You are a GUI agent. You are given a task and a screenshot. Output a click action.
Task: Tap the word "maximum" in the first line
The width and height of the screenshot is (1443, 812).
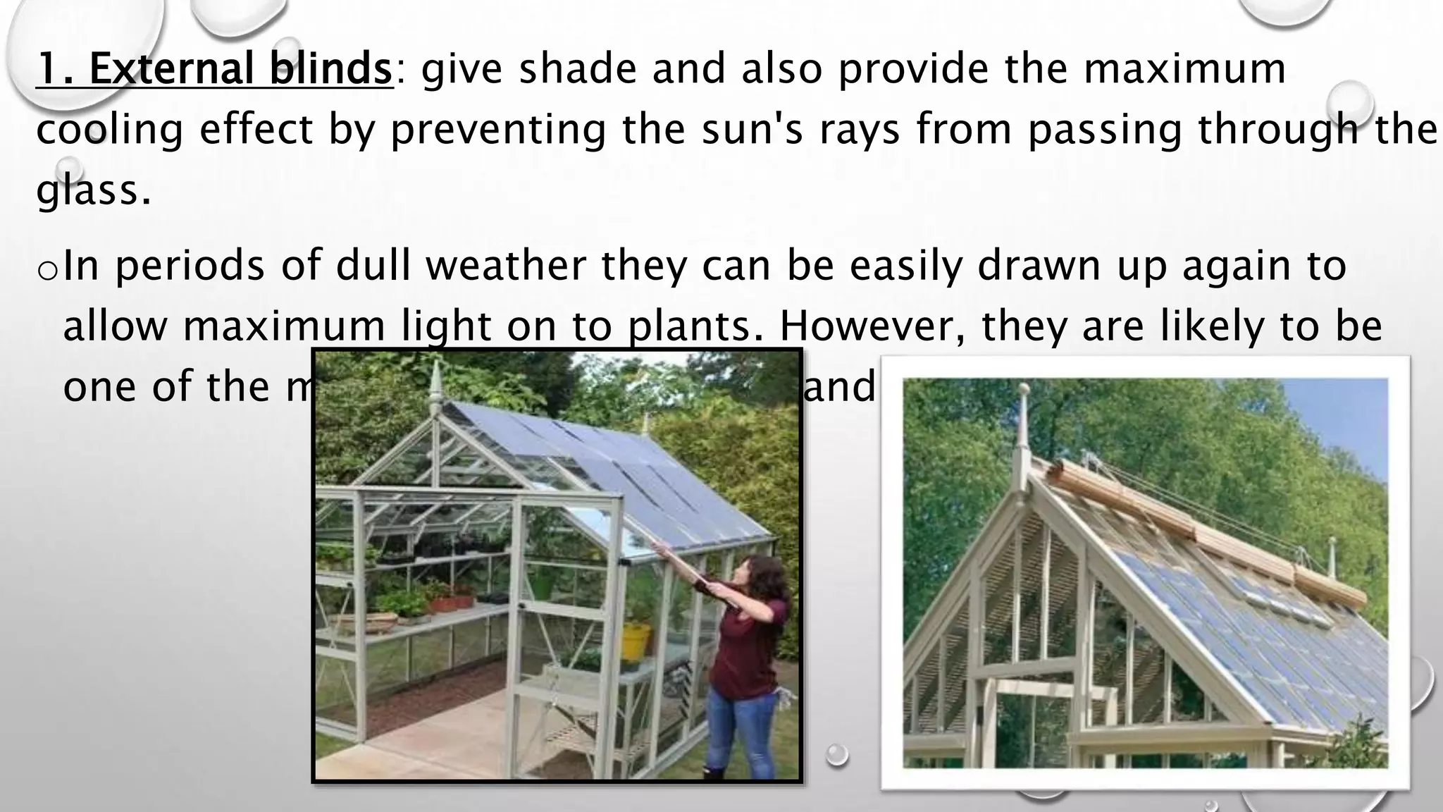[1184, 70]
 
